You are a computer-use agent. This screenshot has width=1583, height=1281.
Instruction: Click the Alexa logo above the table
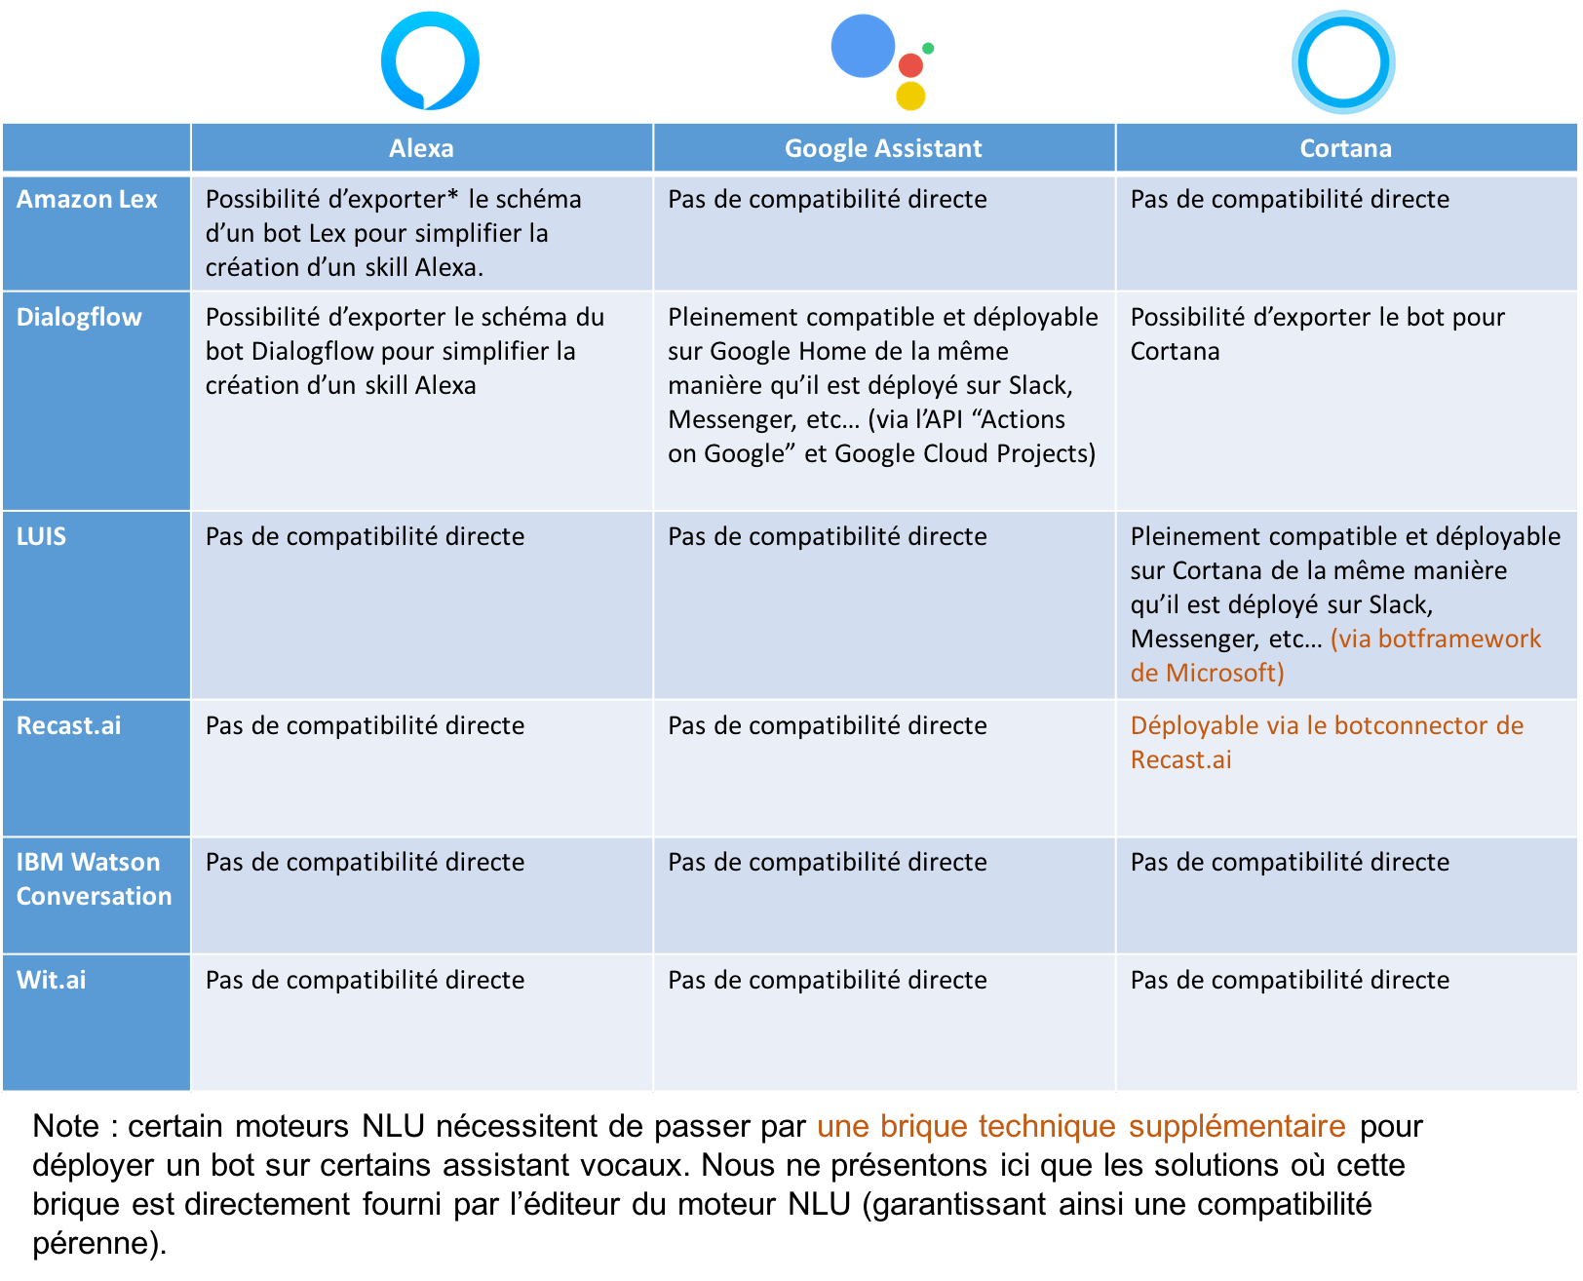point(430,60)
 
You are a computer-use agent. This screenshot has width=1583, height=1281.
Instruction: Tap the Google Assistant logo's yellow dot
point(910,96)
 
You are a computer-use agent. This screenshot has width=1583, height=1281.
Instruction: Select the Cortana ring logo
point(1343,62)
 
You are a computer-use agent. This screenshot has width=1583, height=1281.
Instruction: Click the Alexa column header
point(421,148)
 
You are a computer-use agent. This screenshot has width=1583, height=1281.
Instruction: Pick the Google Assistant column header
point(883,148)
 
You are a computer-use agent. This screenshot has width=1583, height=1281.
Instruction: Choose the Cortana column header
point(1345,148)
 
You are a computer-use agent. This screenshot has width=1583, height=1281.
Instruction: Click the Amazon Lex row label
point(87,199)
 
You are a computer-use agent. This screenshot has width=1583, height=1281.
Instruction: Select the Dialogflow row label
point(79,317)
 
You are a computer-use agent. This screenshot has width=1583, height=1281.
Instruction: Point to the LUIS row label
point(41,536)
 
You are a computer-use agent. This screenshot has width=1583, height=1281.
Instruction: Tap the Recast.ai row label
point(68,726)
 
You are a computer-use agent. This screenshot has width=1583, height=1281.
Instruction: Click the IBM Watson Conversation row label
point(94,879)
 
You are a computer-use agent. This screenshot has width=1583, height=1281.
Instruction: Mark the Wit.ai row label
point(52,980)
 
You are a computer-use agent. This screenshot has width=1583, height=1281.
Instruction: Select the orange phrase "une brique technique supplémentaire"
point(1081,1126)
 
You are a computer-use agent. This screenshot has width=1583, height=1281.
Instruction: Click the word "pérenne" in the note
point(91,1244)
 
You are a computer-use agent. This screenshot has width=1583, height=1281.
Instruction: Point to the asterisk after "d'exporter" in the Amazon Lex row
point(452,195)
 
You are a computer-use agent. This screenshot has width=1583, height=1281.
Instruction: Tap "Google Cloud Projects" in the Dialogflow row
point(965,454)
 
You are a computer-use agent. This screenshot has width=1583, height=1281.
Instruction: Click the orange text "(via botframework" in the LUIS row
point(1435,639)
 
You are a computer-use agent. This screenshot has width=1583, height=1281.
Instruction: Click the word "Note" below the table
point(65,1126)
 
